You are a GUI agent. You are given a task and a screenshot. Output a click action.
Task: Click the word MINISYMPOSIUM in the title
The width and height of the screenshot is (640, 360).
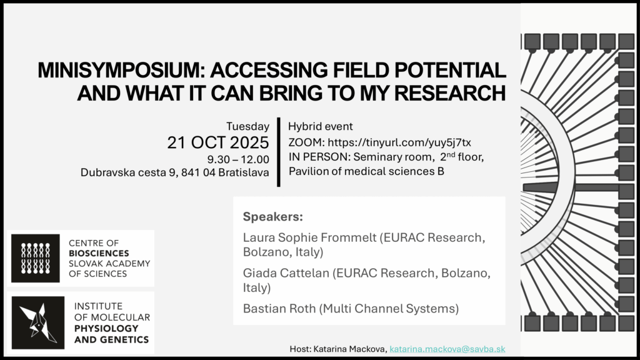pos(122,70)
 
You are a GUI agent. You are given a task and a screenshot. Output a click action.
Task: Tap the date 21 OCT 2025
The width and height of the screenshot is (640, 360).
pos(218,142)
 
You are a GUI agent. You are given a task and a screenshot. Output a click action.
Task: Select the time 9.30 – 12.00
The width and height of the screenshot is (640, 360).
pos(238,159)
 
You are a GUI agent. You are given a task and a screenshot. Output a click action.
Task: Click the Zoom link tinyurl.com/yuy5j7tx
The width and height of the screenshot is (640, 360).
pos(399,142)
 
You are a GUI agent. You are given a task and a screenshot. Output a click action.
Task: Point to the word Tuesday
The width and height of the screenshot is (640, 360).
pos(247,126)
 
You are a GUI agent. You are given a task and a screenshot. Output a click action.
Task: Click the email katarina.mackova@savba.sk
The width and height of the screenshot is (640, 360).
pos(447,349)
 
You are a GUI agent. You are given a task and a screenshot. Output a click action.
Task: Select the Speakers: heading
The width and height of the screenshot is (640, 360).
pos(273,216)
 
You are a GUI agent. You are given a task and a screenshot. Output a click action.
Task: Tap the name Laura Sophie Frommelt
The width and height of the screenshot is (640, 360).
pos(309,237)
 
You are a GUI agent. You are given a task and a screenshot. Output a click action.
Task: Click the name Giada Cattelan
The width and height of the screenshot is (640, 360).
pos(286,272)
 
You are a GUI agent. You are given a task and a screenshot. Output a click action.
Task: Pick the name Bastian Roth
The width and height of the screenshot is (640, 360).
pos(279,308)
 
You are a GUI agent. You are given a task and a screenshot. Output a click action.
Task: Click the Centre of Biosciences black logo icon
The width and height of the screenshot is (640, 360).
pos(36,258)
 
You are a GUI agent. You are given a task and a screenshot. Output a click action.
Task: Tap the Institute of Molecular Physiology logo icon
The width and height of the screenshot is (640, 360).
pos(38,323)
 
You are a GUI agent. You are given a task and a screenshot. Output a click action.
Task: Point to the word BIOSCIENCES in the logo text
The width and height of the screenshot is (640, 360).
pos(99,253)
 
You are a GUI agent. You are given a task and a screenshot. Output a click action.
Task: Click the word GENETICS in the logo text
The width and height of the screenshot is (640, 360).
pos(127,339)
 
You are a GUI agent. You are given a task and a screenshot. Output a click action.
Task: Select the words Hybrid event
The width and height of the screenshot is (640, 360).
pos(321,126)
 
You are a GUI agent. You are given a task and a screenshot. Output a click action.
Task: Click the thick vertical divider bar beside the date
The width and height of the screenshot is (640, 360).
pos(279,152)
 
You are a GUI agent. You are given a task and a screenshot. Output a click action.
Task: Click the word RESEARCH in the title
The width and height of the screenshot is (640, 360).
pos(450,93)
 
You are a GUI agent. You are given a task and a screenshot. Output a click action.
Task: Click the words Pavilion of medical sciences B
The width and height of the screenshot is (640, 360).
pos(366,171)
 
